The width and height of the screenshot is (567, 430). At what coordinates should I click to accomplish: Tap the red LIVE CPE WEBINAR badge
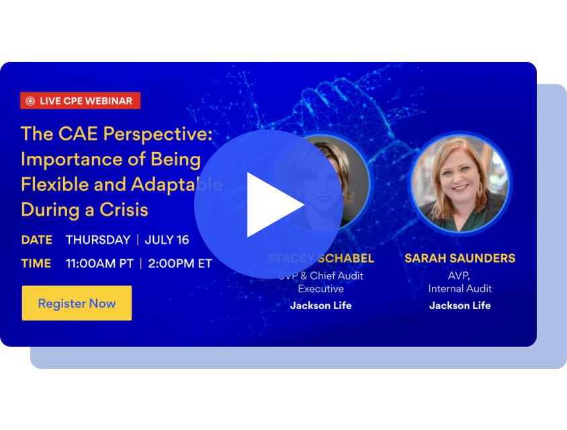(80, 101)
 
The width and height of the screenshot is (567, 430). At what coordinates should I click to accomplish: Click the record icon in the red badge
(30, 101)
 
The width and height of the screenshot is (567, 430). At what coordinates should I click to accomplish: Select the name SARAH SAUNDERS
(460, 259)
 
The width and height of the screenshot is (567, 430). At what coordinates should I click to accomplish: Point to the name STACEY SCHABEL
(321, 259)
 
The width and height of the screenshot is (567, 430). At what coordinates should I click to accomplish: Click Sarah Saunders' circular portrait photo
(460, 182)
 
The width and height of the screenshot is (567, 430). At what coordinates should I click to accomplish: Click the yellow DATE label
(36, 240)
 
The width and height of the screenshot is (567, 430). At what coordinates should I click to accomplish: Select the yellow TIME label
(36, 263)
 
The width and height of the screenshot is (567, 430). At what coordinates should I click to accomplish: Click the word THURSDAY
(98, 240)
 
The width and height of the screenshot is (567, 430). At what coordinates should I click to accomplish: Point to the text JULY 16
(167, 240)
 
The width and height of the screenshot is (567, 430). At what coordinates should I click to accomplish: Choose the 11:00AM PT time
(99, 263)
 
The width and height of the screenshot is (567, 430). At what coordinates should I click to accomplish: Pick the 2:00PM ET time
(180, 263)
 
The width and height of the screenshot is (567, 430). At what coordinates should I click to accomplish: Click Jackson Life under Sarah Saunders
(460, 306)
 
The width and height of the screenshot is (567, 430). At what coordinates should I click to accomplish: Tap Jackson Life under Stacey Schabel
(320, 306)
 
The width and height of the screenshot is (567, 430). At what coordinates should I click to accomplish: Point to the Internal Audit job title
(460, 288)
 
